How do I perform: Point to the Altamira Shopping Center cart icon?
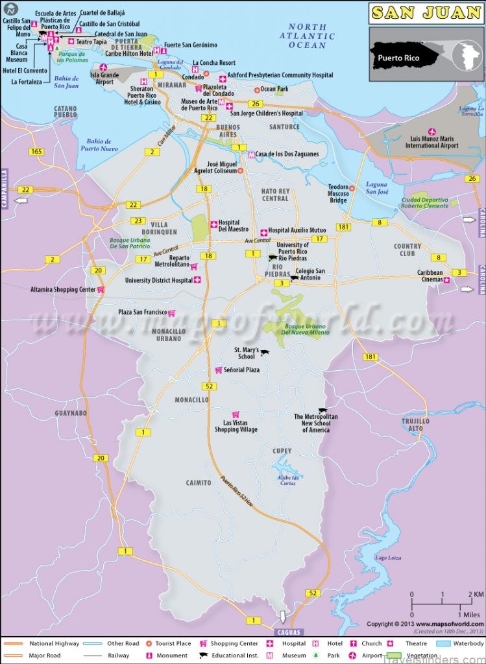[x=101, y=290]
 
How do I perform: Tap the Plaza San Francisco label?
[x=142, y=313]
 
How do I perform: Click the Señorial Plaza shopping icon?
[x=219, y=370]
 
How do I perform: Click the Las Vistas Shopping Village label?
[x=236, y=426]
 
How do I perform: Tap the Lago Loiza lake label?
[x=388, y=558]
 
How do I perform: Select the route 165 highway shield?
[x=36, y=151]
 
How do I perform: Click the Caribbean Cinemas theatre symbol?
[x=446, y=279]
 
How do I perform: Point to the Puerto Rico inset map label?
[x=398, y=58]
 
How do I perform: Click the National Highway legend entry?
[x=53, y=644]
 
